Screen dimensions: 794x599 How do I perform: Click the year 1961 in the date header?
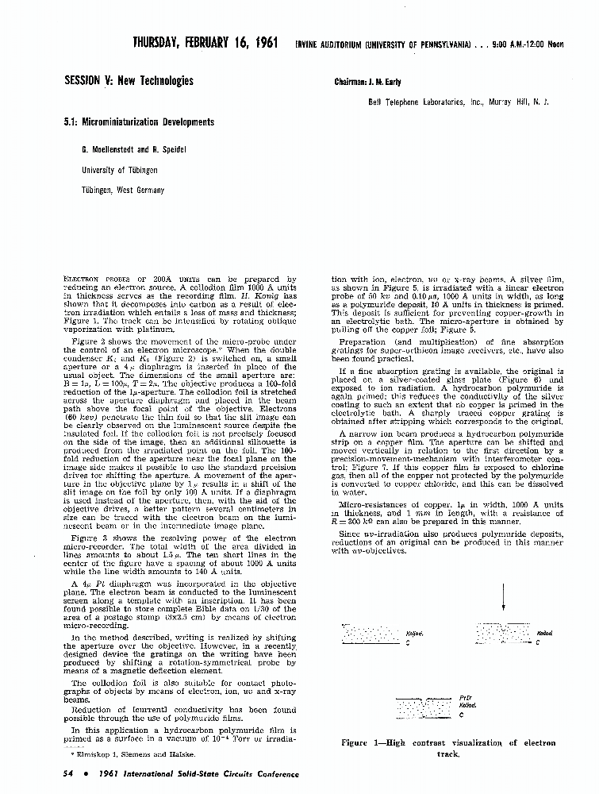(260, 43)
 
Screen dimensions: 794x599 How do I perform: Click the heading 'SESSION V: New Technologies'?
(128, 81)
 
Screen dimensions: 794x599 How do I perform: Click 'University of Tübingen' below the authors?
(120, 170)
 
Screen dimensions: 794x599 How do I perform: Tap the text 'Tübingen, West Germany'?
(123, 191)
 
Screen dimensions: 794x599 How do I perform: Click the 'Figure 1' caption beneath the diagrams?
(448, 748)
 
